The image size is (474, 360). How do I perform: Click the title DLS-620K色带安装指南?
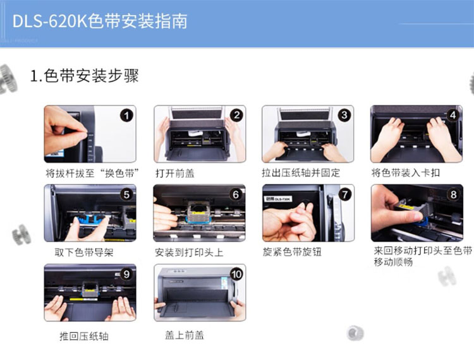pyautogui.click(x=100, y=21)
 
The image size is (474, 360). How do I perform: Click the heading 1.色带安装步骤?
pyautogui.click(x=84, y=76)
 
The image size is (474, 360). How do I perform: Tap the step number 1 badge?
pyautogui.click(x=126, y=116)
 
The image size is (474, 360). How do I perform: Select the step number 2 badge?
pyautogui.click(x=236, y=116)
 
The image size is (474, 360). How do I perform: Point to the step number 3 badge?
pyautogui.click(x=344, y=115)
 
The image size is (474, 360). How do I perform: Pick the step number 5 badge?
pyautogui.click(x=126, y=195)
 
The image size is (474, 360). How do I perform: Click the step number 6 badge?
pyautogui.click(x=236, y=195)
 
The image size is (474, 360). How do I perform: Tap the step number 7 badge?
pyautogui.click(x=345, y=195)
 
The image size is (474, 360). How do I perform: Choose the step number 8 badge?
pyautogui.click(x=453, y=194)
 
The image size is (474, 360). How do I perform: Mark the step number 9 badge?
pyautogui.click(x=126, y=274)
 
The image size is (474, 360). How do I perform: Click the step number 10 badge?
pyautogui.click(x=236, y=274)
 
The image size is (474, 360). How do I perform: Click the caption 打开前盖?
pyautogui.click(x=174, y=173)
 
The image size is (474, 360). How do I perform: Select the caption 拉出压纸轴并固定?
pyautogui.click(x=301, y=173)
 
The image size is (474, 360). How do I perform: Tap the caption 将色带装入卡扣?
pyautogui.click(x=405, y=173)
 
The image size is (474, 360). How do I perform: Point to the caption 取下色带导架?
pyautogui.click(x=84, y=252)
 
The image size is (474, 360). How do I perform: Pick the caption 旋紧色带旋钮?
pyautogui.click(x=292, y=252)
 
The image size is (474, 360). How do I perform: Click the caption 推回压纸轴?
pyautogui.click(x=84, y=336)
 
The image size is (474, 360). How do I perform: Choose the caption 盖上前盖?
pyautogui.click(x=185, y=335)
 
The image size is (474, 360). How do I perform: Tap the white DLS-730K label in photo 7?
pyautogui.click(x=278, y=199)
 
